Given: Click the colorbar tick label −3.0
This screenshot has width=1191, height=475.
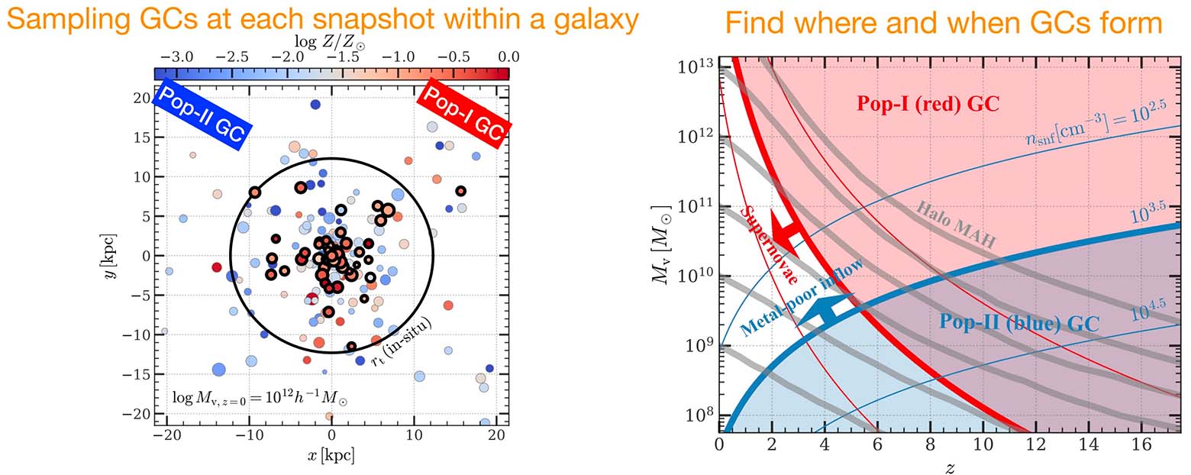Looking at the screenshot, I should (x=176, y=57).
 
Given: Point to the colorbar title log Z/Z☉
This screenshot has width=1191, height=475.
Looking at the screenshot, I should (x=330, y=40).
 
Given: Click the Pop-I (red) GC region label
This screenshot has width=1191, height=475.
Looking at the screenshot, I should (x=928, y=104).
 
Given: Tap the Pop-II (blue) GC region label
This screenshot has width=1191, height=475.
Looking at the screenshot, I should (x=1018, y=323).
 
